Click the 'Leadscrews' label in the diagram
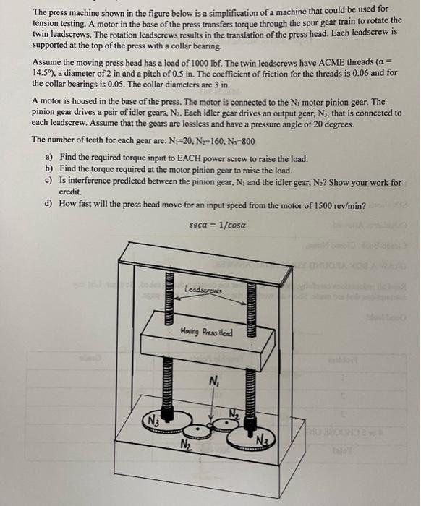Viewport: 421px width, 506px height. [201, 289]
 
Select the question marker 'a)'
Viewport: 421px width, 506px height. [48, 158]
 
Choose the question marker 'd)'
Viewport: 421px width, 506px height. [48, 204]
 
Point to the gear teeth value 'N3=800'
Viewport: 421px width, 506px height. [237, 140]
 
